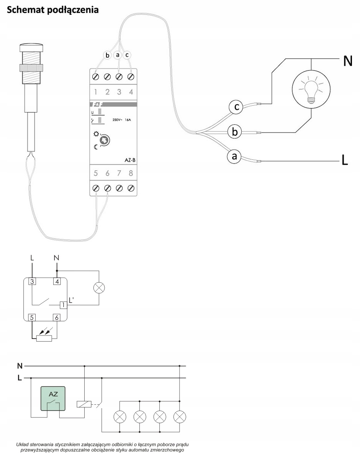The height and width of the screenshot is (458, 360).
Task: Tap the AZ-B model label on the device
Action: (x=130, y=160)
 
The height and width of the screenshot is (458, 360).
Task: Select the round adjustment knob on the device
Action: (x=105, y=140)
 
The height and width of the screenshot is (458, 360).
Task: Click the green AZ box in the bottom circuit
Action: (x=53, y=398)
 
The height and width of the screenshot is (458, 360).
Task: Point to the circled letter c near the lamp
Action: (x=236, y=107)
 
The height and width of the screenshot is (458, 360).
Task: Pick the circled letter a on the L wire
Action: (x=234, y=156)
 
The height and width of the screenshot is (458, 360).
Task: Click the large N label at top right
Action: (x=347, y=61)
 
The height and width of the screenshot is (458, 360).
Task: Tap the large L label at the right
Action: (x=345, y=160)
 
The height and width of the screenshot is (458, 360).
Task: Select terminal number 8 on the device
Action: (x=131, y=173)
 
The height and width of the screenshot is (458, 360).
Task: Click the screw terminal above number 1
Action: (x=95, y=77)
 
